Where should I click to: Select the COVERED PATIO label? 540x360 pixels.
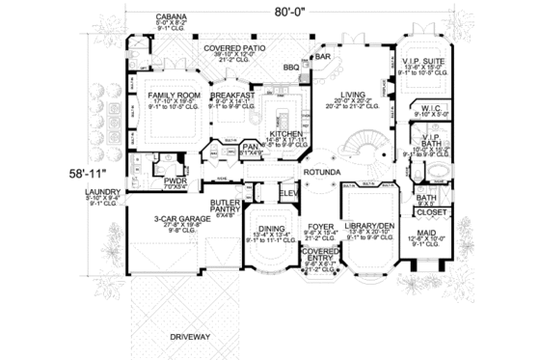click(233, 47)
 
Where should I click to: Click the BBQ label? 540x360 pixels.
click(289, 67)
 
